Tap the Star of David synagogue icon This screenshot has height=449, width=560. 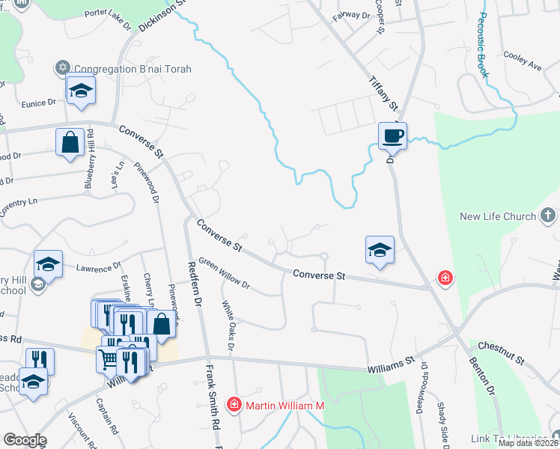64,68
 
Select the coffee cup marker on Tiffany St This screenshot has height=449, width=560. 392,135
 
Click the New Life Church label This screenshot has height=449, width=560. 497,217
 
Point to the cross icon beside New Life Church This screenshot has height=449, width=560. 550,217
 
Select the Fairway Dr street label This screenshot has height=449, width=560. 352,15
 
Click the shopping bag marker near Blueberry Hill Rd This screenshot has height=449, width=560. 70,143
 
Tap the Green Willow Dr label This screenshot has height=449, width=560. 224,275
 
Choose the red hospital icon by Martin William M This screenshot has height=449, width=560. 234,406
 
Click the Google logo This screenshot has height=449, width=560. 25,440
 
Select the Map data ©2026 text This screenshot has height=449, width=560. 529,443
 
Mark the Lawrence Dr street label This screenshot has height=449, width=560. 97,266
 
